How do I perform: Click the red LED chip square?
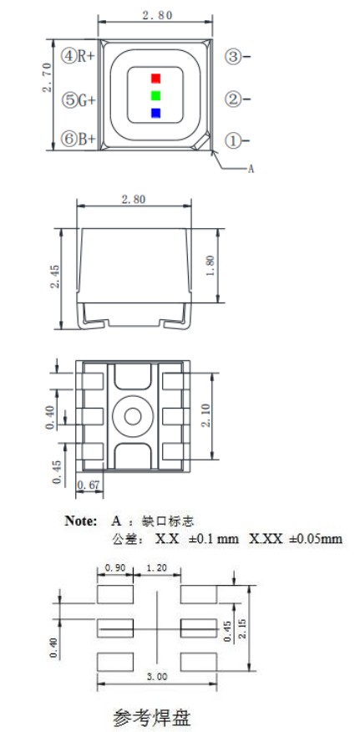155,79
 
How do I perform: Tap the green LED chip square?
155,95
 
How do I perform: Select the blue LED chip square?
155,113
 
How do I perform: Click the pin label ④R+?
78,56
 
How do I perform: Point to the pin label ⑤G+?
78,99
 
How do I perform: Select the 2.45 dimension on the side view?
54,277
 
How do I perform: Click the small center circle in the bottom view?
132,414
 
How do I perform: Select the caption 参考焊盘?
153,717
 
